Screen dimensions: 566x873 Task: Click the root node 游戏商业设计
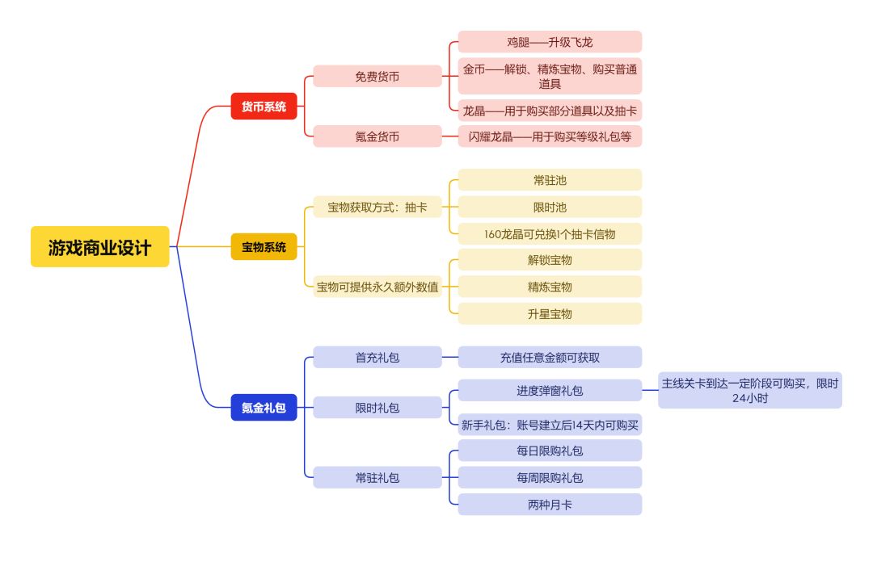click(99, 247)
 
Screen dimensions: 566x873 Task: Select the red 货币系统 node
click(264, 107)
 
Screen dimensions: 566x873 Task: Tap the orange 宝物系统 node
click(264, 247)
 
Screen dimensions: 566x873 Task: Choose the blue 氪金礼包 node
click(264, 408)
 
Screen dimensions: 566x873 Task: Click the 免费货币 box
click(377, 77)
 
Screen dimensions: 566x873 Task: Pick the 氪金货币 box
click(377, 136)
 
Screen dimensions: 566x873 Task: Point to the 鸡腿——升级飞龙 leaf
click(550, 42)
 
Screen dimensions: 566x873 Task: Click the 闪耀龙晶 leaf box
click(550, 136)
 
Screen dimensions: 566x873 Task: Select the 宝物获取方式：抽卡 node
click(377, 208)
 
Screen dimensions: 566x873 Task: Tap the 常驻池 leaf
click(550, 180)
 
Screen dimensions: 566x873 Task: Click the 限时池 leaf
click(550, 208)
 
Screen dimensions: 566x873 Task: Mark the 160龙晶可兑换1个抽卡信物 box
click(550, 234)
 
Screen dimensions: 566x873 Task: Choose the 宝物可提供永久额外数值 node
click(377, 287)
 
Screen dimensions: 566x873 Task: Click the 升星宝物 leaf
click(550, 313)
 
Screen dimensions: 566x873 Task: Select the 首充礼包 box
click(377, 357)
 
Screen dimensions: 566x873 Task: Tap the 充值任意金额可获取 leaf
click(550, 357)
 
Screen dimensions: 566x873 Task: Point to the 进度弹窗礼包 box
click(550, 390)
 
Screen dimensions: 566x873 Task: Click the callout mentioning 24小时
click(749, 390)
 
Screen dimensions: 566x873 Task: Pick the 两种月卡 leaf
click(550, 505)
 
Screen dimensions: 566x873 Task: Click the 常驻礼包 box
click(377, 477)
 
